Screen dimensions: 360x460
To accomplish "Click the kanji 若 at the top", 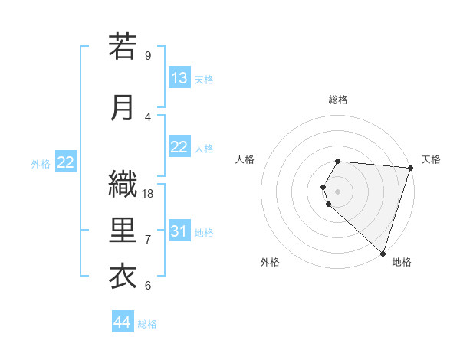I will (123, 47).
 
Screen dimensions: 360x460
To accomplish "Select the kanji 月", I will (123, 109).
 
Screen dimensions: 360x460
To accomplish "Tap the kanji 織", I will (123, 184).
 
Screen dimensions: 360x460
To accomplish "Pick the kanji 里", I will (123, 231).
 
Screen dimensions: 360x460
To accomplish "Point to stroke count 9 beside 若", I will (148, 56).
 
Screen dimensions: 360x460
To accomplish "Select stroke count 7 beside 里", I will (148, 240).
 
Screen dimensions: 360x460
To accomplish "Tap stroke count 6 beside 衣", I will (148, 286).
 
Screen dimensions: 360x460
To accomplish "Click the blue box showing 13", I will (179, 78).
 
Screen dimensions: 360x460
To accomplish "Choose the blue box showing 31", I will (179, 231).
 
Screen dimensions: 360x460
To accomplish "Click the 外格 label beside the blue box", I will (41, 163).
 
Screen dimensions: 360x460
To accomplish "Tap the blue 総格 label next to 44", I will (147, 324).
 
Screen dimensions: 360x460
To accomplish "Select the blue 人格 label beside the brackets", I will (204, 148).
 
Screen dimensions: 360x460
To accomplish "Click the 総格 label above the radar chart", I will (337, 100).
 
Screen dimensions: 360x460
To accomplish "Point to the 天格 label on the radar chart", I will (431, 159).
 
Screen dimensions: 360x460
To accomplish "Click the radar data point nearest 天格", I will (409, 168).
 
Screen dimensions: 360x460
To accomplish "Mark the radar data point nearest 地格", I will (383, 254).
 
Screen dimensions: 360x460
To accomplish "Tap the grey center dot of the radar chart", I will (337, 191).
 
